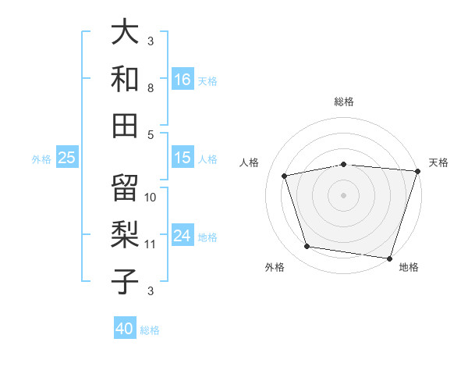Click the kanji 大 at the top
pos(125,32)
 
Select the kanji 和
pos(125,78)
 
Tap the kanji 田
pos(125,124)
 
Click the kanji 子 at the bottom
pos(125,281)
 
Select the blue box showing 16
pos(183,79)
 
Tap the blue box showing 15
pos(183,158)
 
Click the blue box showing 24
pos(183,236)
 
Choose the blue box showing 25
pos(66,158)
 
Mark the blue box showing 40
pos(125,329)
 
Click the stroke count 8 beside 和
pos(151,89)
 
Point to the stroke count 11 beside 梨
pos(151,244)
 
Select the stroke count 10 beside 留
pos(151,198)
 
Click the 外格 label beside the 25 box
pos(41,159)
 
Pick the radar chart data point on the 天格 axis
pos(417,171)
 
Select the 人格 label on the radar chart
pos(250,162)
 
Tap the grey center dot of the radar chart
pos(343,194)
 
